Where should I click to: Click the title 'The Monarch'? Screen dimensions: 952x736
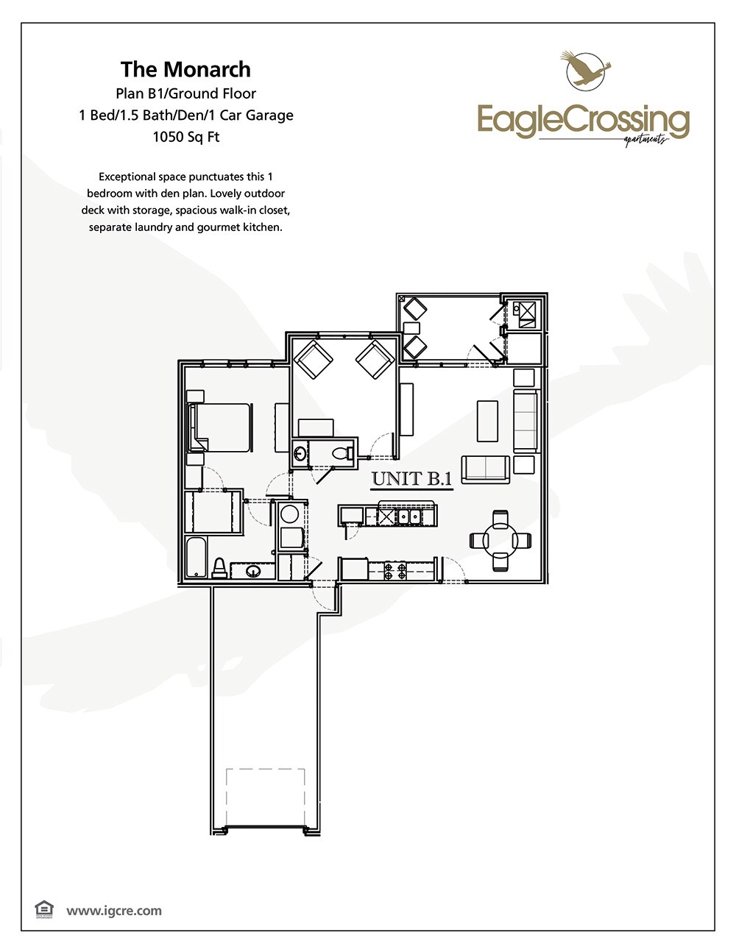coord(185,69)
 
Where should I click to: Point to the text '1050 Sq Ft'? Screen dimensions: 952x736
coord(185,137)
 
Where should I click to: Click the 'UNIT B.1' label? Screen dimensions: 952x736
coord(411,479)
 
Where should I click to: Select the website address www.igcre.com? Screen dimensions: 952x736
coord(114,911)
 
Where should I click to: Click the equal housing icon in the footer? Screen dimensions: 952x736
coord(44,910)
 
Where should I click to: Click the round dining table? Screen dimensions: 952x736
coord(500,541)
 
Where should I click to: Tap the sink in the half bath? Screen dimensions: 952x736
coord(300,453)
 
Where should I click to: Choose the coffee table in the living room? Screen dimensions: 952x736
coord(487,421)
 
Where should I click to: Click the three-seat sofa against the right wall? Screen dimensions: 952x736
coord(526,422)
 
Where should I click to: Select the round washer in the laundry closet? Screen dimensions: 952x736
coord(290,514)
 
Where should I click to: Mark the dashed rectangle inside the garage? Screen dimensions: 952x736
coord(265,798)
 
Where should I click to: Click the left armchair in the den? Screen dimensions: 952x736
coord(313,359)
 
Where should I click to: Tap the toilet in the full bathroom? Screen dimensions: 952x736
coord(219,567)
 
